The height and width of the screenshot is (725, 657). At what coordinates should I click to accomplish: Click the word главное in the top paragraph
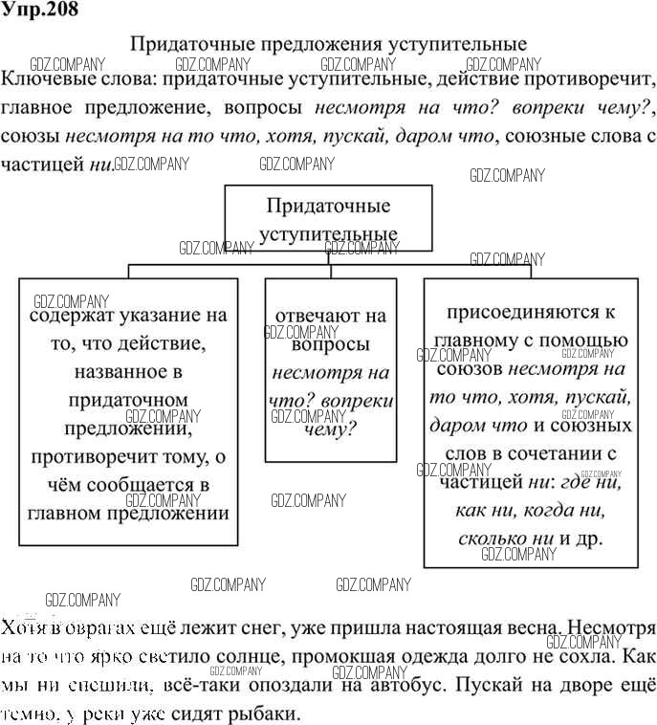coord(45,106)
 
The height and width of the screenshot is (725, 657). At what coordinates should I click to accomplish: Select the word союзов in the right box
coord(471,368)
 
